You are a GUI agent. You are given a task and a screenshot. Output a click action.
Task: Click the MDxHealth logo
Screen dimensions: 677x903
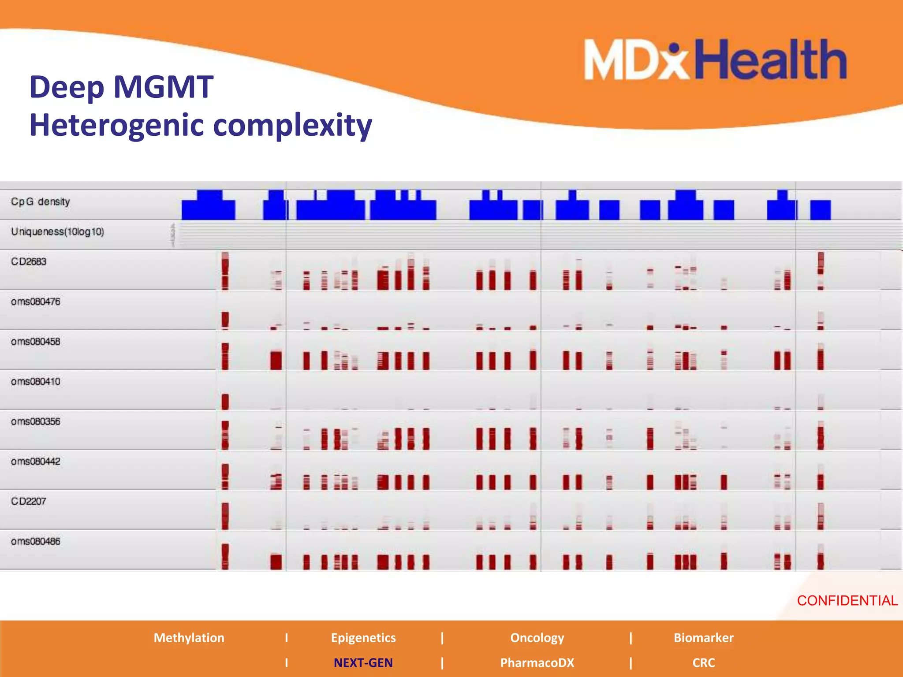coord(715,60)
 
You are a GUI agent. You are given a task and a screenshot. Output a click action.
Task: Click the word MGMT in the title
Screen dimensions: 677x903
coord(164,87)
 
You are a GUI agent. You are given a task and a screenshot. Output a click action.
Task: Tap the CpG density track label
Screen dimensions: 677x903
coord(41,202)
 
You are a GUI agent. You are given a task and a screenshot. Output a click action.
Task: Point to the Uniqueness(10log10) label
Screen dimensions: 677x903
coord(57,232)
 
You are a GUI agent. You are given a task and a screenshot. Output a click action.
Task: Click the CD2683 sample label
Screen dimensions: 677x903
coord(29,262)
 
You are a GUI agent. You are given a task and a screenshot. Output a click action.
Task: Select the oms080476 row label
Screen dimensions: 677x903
coord(36,302)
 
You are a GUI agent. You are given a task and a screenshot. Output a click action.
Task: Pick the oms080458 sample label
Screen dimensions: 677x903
coord(36,342)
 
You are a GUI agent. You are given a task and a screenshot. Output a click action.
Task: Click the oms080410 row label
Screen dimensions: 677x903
coord(36,382)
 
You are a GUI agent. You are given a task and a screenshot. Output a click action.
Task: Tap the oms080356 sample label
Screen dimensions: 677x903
coord(36,422)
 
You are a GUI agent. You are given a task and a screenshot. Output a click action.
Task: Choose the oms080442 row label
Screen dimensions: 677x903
coord(36,461)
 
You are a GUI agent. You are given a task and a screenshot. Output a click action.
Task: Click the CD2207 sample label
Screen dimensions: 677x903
coord(29,502)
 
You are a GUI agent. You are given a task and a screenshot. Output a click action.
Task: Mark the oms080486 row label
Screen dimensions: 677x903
coord(36,541)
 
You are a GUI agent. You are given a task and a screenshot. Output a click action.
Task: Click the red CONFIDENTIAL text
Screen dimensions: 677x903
coord(847,601)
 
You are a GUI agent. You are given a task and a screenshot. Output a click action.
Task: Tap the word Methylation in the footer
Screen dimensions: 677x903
coord(189,638)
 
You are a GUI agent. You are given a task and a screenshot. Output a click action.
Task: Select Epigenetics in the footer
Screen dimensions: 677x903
coord(363,638)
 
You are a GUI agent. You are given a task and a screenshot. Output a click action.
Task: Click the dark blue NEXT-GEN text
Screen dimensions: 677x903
coord(363,663)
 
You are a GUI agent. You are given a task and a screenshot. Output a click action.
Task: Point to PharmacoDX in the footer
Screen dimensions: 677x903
coord(537,663)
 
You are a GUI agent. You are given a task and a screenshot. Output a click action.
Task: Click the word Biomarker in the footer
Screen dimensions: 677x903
coord(703,638)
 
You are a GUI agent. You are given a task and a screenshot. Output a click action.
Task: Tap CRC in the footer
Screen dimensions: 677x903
coord(703,663)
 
